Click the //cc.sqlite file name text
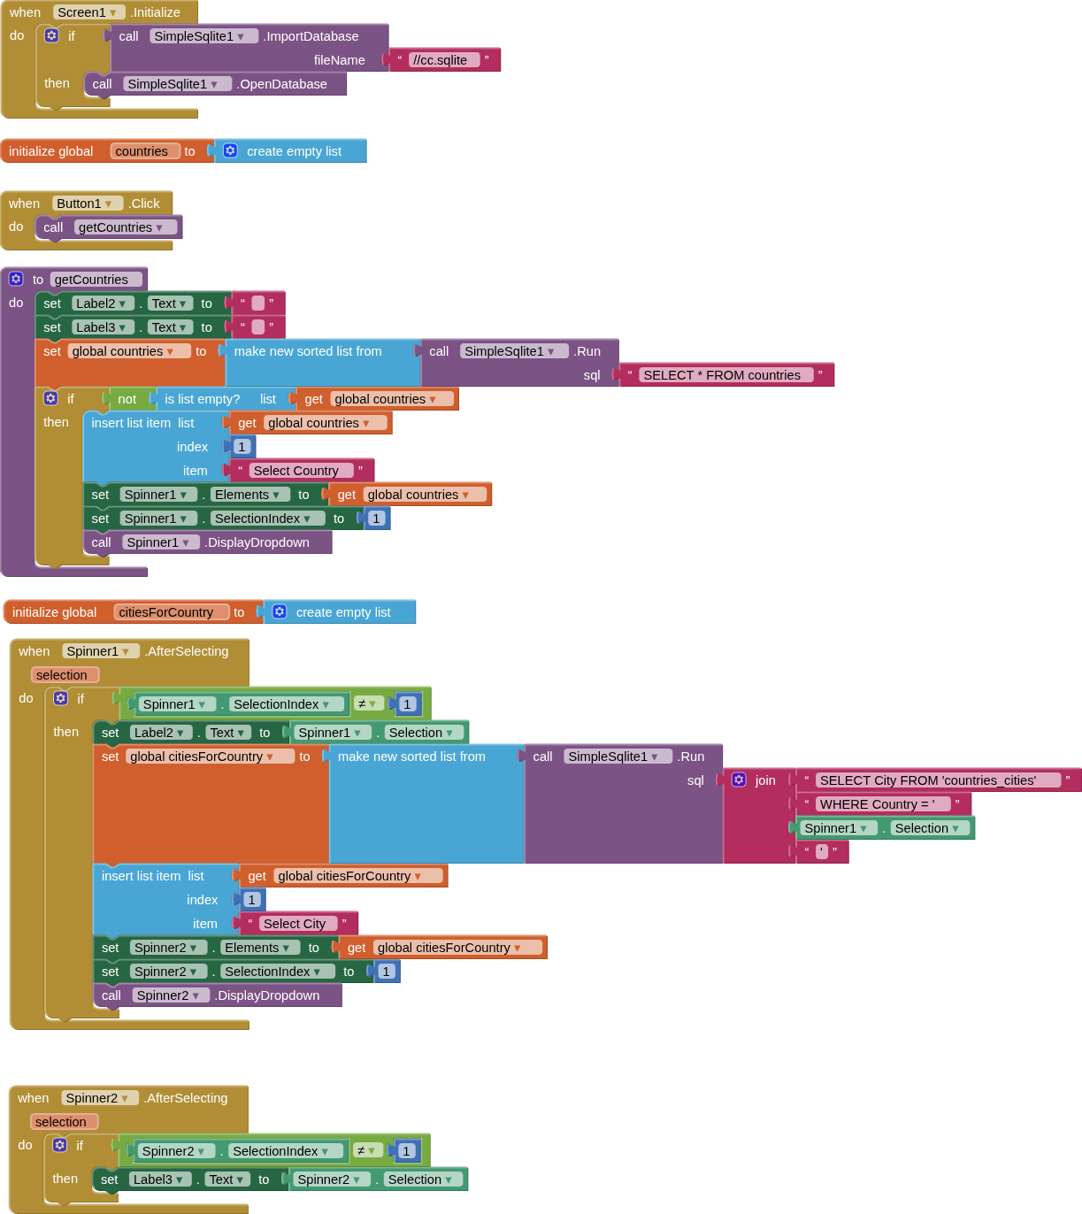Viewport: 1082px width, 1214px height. [444, 60]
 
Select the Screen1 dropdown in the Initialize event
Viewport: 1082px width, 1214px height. [88, 12]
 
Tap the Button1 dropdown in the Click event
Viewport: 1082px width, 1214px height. [86, 204]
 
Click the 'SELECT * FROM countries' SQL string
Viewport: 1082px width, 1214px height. [722, 375]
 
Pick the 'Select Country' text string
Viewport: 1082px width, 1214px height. [295, 471]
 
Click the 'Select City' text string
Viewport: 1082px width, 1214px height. [295, 924]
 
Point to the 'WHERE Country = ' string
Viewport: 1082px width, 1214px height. [877, 804]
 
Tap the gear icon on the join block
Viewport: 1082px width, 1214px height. [739, 780]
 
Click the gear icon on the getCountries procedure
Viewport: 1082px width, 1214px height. [16, 279]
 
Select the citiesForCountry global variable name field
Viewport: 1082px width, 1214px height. [166, 612]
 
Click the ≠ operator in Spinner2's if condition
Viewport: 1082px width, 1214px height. [365, 1151]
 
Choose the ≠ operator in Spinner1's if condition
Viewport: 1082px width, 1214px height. [366, 704]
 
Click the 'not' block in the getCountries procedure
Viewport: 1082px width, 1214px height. [127, 399]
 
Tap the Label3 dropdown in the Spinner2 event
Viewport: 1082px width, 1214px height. [159, 1179]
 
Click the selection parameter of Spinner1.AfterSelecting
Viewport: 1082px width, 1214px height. [62, 675]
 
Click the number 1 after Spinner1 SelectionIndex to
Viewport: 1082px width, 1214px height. [376, 519]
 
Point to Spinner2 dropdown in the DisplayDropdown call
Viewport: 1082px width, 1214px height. [166, 995]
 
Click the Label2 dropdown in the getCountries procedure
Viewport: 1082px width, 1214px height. [102, 303]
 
